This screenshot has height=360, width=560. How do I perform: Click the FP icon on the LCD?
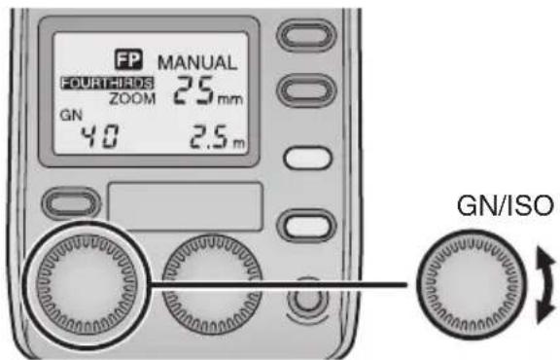click(127, 59)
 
